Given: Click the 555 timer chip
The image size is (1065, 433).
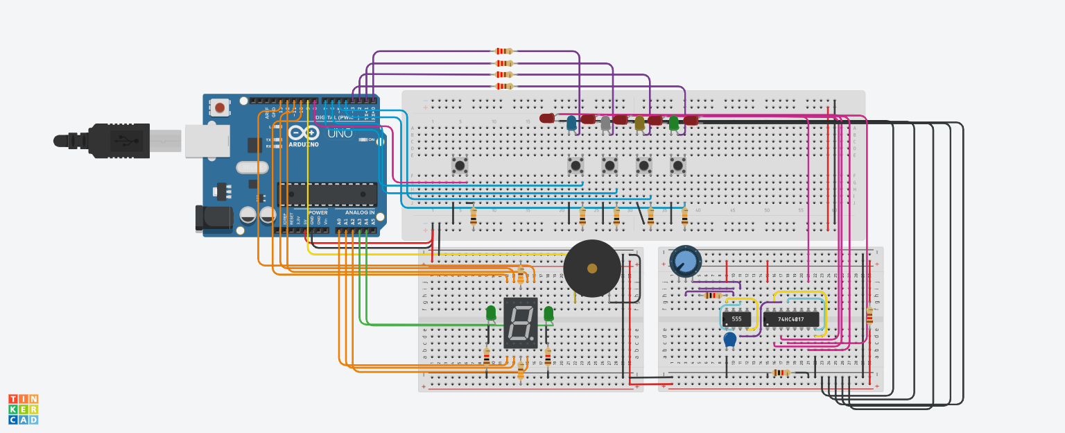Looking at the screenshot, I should click(736, 319).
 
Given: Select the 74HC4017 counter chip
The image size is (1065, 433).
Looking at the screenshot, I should click(790, 319).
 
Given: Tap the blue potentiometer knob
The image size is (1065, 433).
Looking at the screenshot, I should click(685, 261).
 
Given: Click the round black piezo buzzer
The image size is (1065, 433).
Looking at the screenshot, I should click(591, 269).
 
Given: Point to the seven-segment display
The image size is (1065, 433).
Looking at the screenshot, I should click(520, 323).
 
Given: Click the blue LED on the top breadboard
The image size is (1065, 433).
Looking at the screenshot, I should click(571, 124).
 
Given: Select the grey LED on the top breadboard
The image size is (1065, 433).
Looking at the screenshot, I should click(605, 124).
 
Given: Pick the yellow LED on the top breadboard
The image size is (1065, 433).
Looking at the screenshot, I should click(639, 124).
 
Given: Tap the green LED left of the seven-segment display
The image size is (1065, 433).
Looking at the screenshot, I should click(491, 313).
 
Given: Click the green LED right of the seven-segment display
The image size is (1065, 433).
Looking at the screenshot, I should click(549, 313).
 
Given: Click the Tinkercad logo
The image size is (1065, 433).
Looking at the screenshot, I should click(23, 409).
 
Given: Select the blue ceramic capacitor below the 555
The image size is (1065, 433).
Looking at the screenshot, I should click(729, 339).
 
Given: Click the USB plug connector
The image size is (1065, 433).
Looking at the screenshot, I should click(119, 141).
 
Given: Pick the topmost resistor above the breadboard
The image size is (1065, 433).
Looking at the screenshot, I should click(503, 51).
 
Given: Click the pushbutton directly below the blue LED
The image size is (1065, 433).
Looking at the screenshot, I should click(575, 165).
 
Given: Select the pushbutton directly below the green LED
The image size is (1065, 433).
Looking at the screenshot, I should click(677, 165).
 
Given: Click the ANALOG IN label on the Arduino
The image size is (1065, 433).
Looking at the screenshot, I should click(360, 212).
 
